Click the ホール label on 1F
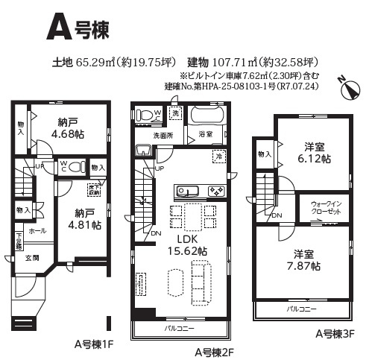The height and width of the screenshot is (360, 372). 37,231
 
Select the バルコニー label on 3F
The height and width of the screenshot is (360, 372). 302,308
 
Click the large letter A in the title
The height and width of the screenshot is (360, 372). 60,28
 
